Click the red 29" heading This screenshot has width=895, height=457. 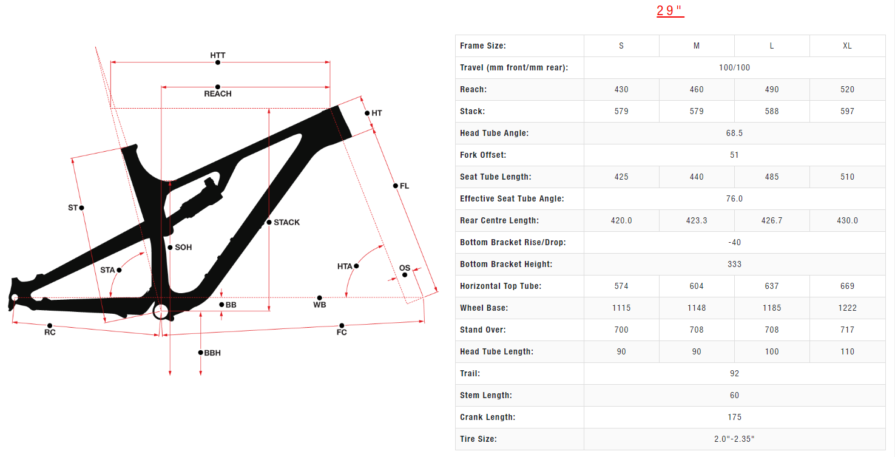(x=670, y=11)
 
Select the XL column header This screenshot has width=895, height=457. (x=847, y=46)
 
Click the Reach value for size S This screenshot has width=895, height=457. (x=621, y=90)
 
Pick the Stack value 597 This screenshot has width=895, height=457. (x=847, y=112)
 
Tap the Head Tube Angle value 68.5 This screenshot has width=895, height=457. (x=734, y=134)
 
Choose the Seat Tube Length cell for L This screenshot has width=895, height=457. (x=772, y=177)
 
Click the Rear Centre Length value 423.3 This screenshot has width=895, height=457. (x=697, y=221)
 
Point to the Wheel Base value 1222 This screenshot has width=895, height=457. (x=847, y=308)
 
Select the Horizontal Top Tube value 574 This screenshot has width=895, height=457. (x=621, y=286)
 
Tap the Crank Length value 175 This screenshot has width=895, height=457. (x=734, y=418)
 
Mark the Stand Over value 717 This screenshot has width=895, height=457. (x=847, y=330)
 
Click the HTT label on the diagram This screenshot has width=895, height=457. (x=218, y=55)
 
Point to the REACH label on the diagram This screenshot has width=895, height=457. (x=218, y=94)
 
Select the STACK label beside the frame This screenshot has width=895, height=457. (x=286, y=223)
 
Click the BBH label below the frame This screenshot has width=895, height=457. (x=212, y=353)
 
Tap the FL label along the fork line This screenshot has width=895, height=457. (x=404, y=186)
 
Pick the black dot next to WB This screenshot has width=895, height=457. (x=320, y=298)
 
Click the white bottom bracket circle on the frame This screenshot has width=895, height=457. (x=161, y=312)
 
